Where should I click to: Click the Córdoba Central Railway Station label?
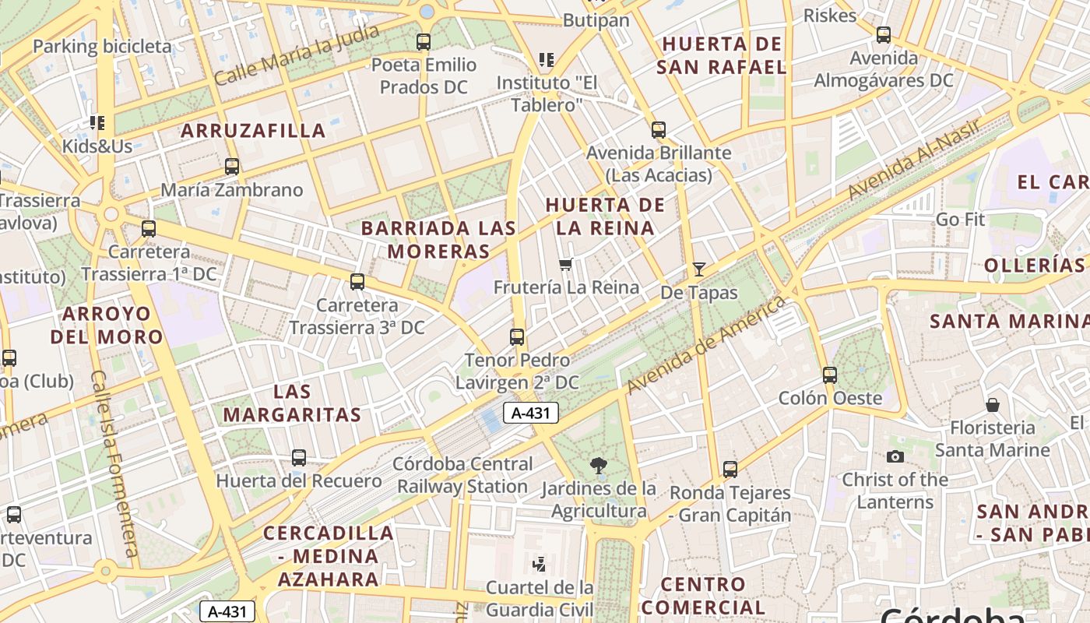[462, 475]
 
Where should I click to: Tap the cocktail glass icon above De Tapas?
[699, 269]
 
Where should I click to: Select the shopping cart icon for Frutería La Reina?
[566, 265]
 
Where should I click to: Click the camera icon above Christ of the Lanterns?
[895, 457]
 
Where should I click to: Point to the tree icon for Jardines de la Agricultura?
[599, 466]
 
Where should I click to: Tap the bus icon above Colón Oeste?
[830, 375]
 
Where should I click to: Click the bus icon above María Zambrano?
[231, 167]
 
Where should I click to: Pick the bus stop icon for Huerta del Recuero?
[298, 458]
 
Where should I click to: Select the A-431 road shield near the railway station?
[531, 413]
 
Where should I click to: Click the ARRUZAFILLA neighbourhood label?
[253, 131]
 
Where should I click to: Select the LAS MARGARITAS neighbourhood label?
[292, 403]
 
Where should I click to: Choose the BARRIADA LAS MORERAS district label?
[439, 240]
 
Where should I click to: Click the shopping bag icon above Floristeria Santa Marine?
[993, 405]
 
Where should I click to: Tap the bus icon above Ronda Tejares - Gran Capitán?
[730, 470]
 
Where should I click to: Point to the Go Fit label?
[960, 220]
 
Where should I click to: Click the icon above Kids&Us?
[97, 123]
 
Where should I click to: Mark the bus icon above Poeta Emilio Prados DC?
[424, 42]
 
